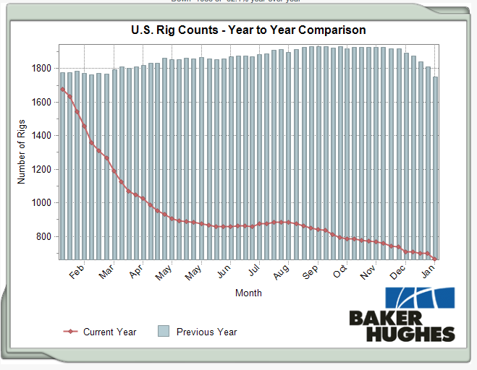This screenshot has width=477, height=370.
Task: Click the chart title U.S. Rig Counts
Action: [x=248, y=30]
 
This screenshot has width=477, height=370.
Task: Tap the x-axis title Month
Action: [x=248, y=293]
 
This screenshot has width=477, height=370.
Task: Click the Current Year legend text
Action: [x=109, y=332]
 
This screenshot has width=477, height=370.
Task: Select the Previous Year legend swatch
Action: [x=163, y=332]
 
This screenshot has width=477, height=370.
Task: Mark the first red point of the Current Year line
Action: [x=62, y=90]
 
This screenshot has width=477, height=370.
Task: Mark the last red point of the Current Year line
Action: [x=435, y=259]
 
